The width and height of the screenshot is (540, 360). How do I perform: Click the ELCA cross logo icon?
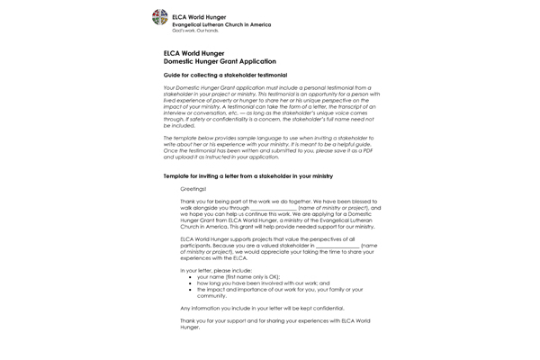click(x=159, y=17)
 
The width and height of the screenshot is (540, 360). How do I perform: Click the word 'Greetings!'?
click(x=193, y=190)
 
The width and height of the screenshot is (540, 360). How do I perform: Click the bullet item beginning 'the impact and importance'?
click(x=279, y=292)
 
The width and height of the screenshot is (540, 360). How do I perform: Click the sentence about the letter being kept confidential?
click(x=262, y=308)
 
